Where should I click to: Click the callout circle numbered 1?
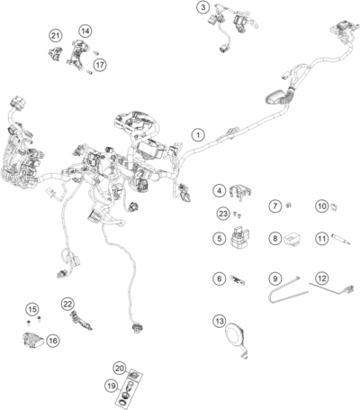[198, 135]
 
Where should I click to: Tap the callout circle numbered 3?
[203, 7]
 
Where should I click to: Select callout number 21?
[55, 36]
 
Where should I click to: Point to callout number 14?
[85, 31]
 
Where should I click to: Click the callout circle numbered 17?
[100, 65]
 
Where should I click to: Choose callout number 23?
[223, 214]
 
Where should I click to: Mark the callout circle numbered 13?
[220, 321]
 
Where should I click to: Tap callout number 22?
[67, 304]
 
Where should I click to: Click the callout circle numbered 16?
[53, 341]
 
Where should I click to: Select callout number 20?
[120, 369]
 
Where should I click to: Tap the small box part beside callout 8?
[292, 239]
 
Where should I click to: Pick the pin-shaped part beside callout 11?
[340, 238]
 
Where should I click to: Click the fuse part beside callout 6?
[238, 279]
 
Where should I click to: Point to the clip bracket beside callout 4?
[240, 191]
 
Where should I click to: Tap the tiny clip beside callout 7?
[288, 205]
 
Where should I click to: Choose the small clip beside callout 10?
[334, 206]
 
